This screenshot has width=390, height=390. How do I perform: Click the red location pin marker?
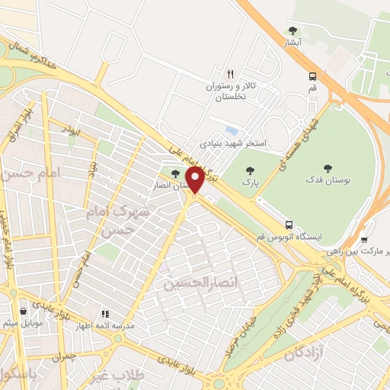pos(195,180)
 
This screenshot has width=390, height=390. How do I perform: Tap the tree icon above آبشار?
pos(292,31)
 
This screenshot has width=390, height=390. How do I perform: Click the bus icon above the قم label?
pos(312,75)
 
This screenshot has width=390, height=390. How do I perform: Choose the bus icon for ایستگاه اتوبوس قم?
pos(289,225)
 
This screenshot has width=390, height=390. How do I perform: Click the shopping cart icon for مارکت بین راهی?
pos(363,240)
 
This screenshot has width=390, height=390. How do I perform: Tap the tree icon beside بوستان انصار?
pos(175,174)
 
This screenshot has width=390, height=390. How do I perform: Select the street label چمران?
pos(66,356)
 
